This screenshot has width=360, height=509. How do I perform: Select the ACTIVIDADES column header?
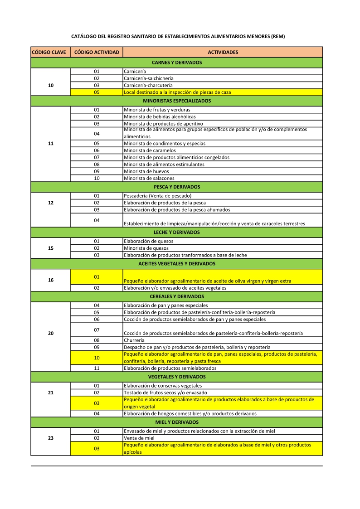coord(223,52)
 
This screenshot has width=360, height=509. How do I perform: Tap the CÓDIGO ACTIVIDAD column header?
coord(97,52)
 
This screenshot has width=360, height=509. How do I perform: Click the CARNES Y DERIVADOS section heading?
coord(176,63)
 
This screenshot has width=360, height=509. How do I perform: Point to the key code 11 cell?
coord(50,143)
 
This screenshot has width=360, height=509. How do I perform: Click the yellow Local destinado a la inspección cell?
coord(177,92)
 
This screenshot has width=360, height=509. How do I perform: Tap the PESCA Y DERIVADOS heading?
coord(176,187)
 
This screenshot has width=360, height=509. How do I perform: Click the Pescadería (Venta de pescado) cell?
coord(154,196)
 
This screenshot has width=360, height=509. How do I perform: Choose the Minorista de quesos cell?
coord(146,248)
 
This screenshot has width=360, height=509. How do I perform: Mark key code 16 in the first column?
coord(50,280)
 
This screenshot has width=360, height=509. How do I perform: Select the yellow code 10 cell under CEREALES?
coord(97,358)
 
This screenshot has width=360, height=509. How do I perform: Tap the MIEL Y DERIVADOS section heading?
coord(176,422)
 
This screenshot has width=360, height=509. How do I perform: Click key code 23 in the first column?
coord(50,438)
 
